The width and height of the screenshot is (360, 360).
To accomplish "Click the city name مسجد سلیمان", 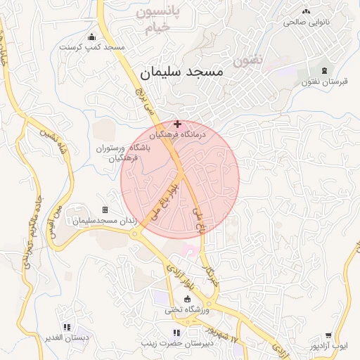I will pyautogui.click(x=181, y=72).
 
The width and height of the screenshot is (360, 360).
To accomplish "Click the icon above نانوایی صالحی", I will pyautogui.click(x=306, y=11).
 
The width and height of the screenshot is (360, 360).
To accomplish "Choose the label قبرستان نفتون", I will pyautogui.click(x=324, y=82).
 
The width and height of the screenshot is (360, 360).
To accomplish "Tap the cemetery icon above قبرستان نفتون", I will pyautogui.click(x=324, y=71).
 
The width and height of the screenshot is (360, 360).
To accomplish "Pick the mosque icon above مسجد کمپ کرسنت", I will pyautogui.click(x=91, y=37).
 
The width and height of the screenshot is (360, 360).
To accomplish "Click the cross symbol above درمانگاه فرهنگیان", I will pyautogui.click(x=176, y=124).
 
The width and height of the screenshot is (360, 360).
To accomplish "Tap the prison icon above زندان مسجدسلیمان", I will pyautogui.click(x=105, y=210).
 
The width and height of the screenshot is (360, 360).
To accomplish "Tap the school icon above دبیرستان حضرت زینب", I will pyautogui.click(x=176, y=333).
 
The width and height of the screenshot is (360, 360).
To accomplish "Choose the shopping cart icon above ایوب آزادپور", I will pyautogui.click(x=328, y=336).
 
